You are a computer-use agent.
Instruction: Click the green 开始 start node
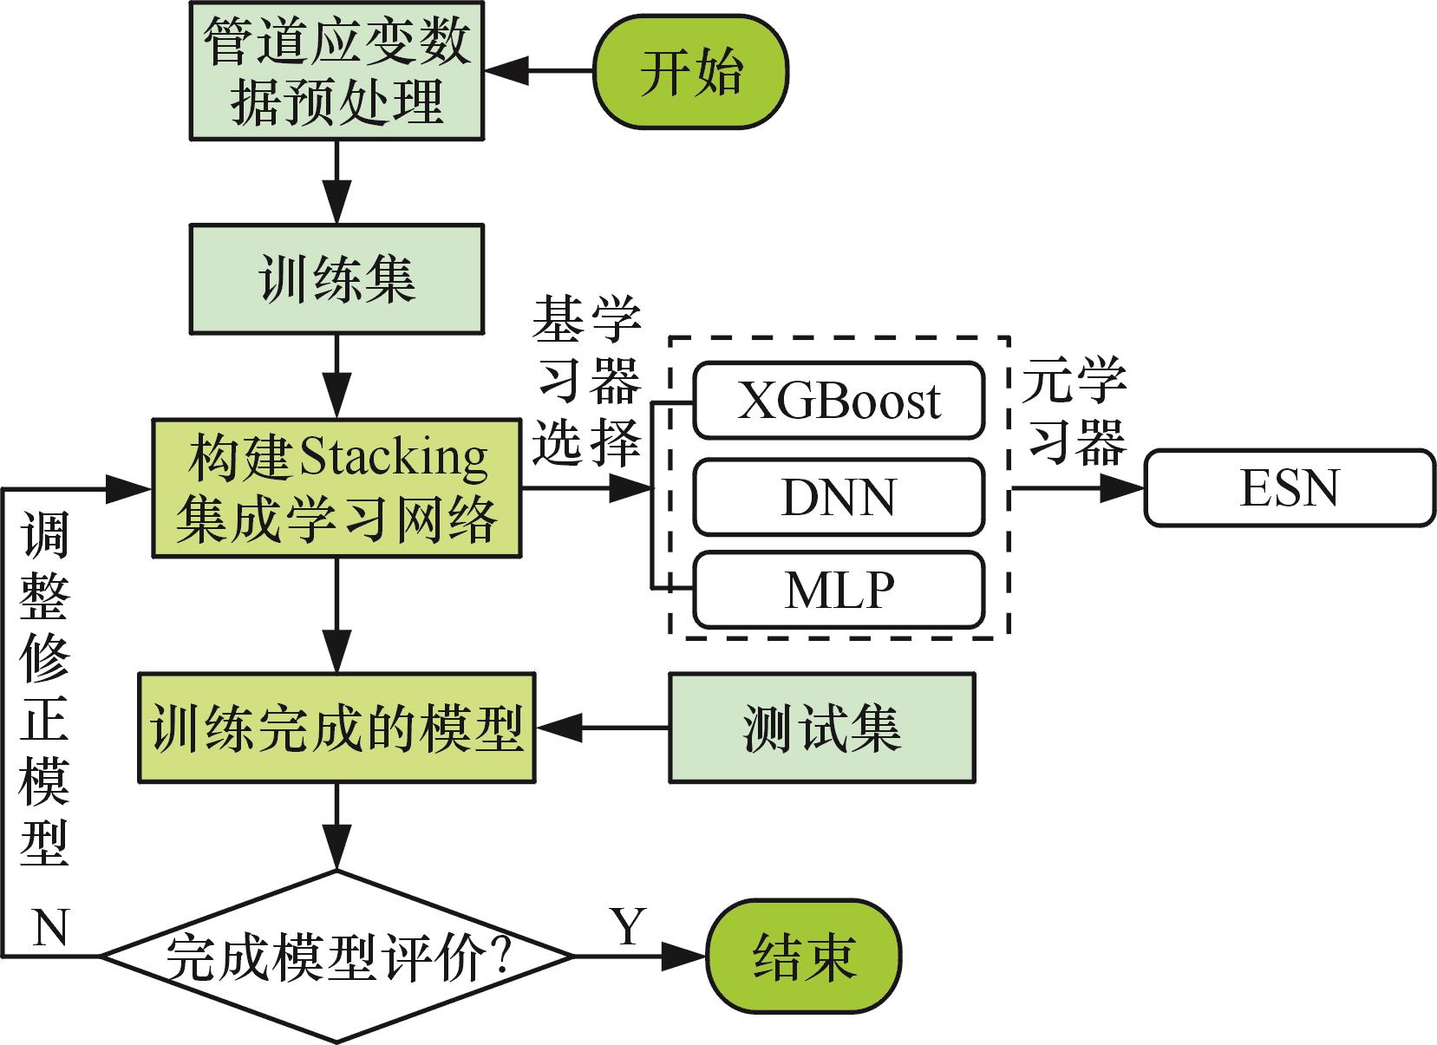coord(690,71)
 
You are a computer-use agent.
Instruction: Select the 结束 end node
coord(804,957)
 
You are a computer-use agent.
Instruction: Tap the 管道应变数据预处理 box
coord(336,71)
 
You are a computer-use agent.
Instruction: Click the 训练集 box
coord(336,278)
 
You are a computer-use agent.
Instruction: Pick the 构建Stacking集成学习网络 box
coord(336,488)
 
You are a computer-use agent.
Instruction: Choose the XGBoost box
coord(839,401)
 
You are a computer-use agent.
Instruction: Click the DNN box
coord(839,497)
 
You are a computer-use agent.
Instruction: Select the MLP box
coord(839,590)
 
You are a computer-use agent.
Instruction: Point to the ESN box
coord(1290,487)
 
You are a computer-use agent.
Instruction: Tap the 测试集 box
coord(821,728)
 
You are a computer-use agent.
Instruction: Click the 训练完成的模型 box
coord(336,728)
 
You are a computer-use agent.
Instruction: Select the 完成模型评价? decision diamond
coord(336,957)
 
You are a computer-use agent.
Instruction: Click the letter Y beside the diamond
coord(627,926)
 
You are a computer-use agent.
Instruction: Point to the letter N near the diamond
coord(50,928)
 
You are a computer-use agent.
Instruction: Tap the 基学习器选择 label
coord(586,382)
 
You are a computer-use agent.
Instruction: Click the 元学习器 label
coord(1073,411)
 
